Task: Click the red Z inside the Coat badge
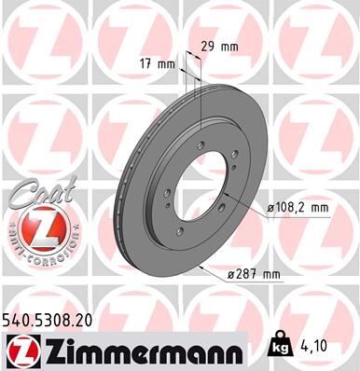pos(35,227)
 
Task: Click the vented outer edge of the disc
pos(122,199)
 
